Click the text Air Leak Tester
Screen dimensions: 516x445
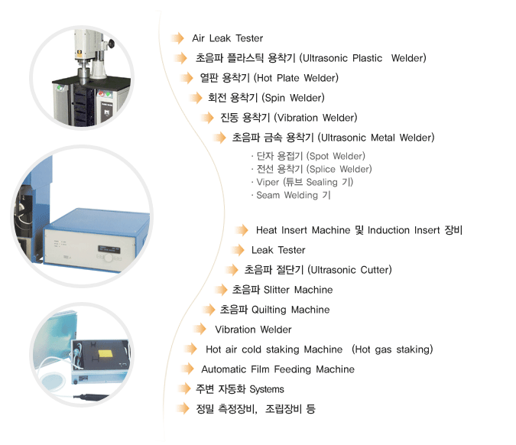pyautogui.click(x=227, y=38)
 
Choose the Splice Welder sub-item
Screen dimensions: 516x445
pyautogui.click(x=341, y=169)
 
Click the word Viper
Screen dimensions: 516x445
pyautogui.click(x=268, y=182)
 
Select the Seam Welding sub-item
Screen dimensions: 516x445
pyautogui.click(x=287, y=195)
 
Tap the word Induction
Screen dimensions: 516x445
pyautogui.click(x=388, y=230)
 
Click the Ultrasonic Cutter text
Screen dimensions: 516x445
pyautogui.click(x=351, y=270)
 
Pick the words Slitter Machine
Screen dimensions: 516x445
pyautogui.click(x=298, y=290)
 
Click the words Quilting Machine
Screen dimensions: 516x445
pyautogui.click(x=290, y=310)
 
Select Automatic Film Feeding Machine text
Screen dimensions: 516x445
pyautogui.click(x=277, y=369)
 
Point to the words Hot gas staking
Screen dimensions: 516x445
pyautogui.click(x=392, y=349)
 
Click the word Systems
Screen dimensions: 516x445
pyautogui.click(x=267, y=389)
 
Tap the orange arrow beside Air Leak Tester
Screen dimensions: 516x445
pyautogui.click(x=178, y=38)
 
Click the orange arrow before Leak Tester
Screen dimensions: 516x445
pyautogui.click(x=238, y=250)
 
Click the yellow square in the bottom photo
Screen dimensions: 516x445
pyautogui.click(x=105, y=354)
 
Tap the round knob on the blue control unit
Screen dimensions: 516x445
pyautogui.click(x=109, y=258)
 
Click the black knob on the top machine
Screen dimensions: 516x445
pyautogui.click(x=112, y=43)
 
